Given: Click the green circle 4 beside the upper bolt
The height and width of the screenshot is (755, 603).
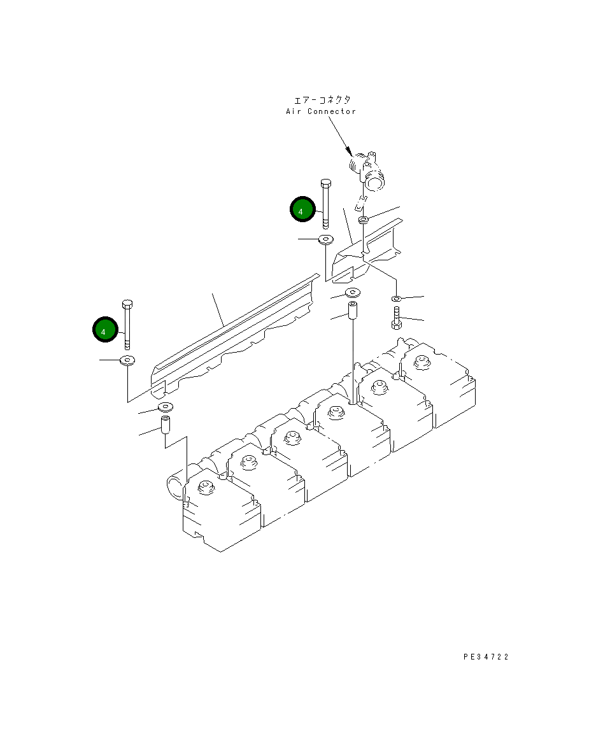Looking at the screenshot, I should [x=302, y=209].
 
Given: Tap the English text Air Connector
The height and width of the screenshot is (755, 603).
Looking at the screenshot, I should [x=320, y=111].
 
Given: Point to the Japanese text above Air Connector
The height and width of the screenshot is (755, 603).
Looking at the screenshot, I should [x=322, y=100].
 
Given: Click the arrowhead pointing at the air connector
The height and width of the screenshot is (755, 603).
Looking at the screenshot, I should [x=349, y=151].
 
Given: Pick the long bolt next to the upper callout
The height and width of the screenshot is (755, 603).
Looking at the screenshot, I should [x=325, y=204].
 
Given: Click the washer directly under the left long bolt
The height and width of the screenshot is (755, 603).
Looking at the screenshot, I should [x=127, y=361].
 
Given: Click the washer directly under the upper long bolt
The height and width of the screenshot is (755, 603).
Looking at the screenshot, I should [x=326, y=239].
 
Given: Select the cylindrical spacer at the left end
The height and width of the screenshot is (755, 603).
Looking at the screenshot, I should [x=165, y=425].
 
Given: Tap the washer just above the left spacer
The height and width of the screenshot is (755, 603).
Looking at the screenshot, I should [x=166, y=407].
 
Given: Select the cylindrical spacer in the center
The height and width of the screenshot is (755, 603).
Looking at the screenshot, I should [x=352, y=311].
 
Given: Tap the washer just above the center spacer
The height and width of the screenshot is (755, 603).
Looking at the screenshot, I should [x=352, y=293].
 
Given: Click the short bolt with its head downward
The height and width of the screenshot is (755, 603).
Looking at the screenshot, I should [x=395, y=318].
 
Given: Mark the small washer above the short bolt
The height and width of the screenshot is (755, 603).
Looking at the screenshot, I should [x=396, y=298].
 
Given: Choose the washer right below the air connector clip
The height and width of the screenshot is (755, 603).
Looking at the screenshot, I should [x=364, y=220].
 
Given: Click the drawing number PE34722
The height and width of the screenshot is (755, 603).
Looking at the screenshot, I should [x=486, y=657].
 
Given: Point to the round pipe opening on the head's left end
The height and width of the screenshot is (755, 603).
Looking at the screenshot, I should [x=174, y=487].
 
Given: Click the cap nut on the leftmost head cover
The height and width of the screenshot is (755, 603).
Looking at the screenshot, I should [x=204, y=488].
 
